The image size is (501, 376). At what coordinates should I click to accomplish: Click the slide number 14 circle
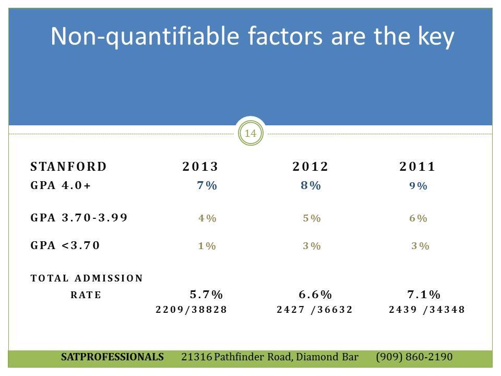[250, 134]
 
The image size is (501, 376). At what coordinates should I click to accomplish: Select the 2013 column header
[200, 167]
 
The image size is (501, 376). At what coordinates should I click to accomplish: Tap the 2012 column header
[310, 167]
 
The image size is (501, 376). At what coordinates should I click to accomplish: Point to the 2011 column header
[417, 167]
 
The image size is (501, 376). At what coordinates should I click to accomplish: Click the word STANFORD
[68, 167]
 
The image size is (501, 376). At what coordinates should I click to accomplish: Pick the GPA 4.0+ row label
[61, 186]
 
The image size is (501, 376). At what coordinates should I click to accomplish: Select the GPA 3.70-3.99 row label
[79, 218]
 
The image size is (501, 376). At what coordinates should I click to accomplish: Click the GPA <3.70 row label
[65, 245]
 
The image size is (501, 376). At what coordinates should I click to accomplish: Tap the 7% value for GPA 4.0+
[207, 186]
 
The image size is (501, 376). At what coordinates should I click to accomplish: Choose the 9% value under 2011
[418, 186]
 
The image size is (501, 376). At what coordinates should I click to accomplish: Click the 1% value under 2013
[207, 246]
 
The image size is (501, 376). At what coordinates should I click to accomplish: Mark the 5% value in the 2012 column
[312, 218]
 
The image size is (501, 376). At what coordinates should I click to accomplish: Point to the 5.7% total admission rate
[206, 294]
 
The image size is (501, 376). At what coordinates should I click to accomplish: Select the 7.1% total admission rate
[424, 294]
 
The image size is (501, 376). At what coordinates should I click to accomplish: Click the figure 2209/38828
[192, 310]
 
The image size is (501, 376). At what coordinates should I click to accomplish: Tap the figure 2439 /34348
[426, 310]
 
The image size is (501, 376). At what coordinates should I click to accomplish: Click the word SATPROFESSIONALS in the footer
[112, 357]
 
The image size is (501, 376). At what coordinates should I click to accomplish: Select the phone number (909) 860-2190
[414, 357]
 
